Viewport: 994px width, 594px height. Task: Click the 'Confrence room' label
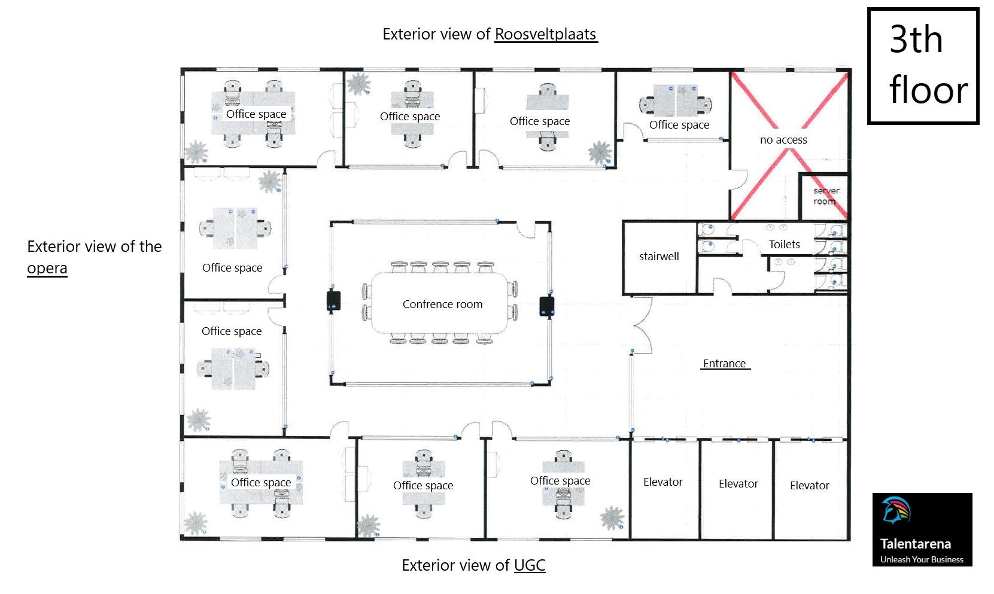tap(442, 304)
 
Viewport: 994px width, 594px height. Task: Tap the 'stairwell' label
tap(659, 256)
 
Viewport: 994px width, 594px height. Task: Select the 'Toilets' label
tap(784, 244)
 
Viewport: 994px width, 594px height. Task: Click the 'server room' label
tap(826, 196)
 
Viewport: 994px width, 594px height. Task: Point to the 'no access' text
tap(783, 139)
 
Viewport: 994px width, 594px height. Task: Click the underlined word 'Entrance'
tap(724, 363)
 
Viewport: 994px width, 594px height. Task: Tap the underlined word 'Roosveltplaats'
tap(545, 34)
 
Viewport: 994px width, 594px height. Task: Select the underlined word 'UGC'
tap(530, 565)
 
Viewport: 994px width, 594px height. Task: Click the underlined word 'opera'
tap(47, 268)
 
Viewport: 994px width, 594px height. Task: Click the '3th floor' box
tap(923, 66)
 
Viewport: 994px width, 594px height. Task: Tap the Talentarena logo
tap(922, 529)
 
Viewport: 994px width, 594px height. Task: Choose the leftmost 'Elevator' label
tap(662, 482)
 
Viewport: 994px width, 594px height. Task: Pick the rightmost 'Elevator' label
tap(809, 485)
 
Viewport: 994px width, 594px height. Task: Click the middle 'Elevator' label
tap(738, 483)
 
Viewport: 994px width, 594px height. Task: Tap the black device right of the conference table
tap(546, 306)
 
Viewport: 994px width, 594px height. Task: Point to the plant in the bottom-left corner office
tap(195, 523)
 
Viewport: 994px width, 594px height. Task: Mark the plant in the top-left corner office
tap(195, 152)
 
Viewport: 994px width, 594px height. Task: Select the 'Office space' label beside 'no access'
tap(679, 124)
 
